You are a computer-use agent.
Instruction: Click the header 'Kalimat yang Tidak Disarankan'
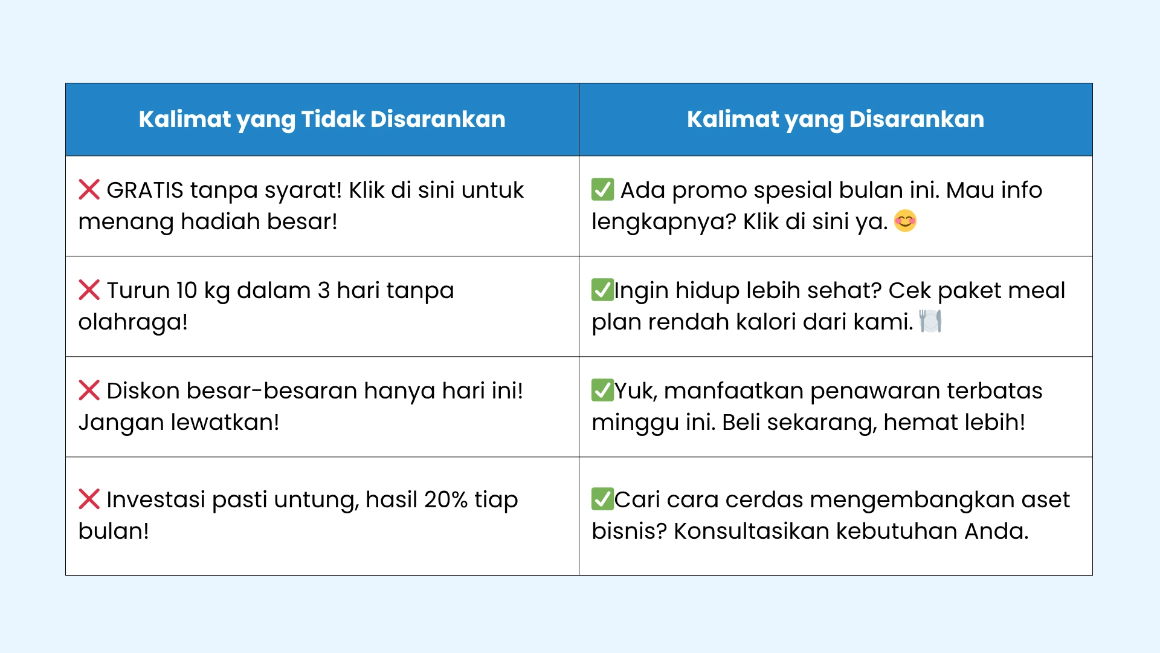click(322, 120)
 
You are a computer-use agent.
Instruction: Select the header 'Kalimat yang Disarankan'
click(836, 120)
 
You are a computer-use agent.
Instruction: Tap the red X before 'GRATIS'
click(89, 190)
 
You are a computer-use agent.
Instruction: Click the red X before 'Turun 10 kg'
click(89, 290)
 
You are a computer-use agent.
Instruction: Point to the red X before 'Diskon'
click(89, 391)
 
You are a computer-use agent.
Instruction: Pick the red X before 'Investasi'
click(89, 499)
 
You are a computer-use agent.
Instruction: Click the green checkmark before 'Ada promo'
click(602, 189)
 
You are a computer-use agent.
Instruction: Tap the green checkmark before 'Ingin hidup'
click(602, 290)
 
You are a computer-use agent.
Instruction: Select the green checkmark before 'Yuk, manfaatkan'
click(602, 390)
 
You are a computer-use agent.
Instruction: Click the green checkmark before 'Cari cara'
click(602, 499)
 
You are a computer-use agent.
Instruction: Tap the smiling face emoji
click(905, 221)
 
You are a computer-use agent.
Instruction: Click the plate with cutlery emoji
click(930, 321)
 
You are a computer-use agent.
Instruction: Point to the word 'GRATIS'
click(145, 190)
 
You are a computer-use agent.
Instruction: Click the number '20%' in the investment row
click(446, 500)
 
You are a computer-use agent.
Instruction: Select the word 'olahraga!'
click(133, 322)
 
